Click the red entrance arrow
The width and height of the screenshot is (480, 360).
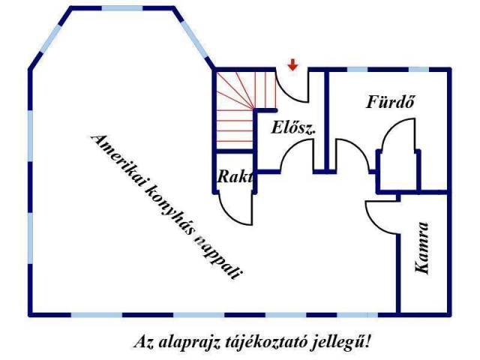coord(292,66)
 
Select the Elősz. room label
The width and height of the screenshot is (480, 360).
coord(293,127)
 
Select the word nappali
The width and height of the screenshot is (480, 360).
coord(220,256)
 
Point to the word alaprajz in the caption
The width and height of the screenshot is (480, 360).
coord(187,342)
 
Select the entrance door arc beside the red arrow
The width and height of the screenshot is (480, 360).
coord(297,86)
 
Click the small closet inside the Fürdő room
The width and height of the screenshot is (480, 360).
coord(387,172)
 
